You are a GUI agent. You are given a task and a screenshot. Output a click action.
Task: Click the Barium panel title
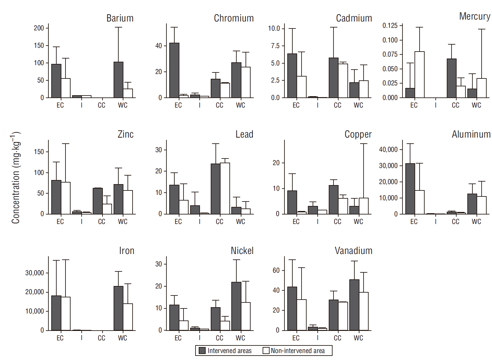(x=120, y=18)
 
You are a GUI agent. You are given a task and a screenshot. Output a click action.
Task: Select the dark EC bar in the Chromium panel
(x=174, y=70)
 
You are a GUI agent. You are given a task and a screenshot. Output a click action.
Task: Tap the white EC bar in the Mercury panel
(x=420, y=75)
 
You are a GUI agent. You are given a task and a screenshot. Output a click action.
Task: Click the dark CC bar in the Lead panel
(x=216, y=189)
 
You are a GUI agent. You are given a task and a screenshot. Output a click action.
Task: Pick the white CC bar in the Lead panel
(x=225, y=189)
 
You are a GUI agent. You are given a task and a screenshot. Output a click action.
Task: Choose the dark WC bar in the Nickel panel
(x=236, y=306)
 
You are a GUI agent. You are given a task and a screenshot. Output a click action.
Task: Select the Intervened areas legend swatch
(x=202, y=351)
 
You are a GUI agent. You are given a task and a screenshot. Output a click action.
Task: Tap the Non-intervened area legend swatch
(x=266, y=351)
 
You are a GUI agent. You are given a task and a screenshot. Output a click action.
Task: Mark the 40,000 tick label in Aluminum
(x=388, y=150)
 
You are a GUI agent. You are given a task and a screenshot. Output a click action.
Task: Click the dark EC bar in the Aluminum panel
(x=410, y=189)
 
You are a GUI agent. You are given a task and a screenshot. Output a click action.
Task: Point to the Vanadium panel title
(x=353, y=251)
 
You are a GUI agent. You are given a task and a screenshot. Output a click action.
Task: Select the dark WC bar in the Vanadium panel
(x=354, y=305)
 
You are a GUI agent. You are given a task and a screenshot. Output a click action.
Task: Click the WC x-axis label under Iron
(x=122, y=338)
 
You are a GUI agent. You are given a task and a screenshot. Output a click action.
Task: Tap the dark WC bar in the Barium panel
(x=118, y=80)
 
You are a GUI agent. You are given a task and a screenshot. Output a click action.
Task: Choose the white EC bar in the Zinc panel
(x=65, y=198)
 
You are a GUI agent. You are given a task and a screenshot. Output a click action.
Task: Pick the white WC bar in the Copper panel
(x=364, y=206)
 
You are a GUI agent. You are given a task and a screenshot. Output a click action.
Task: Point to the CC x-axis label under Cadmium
(x=338, y=105)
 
